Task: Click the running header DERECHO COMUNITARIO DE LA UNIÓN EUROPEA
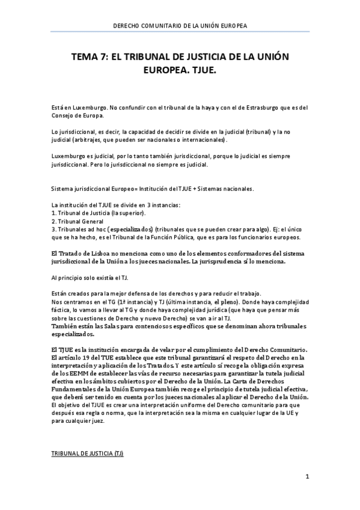pyautogui.click(x=180, y=26)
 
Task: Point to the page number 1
pyautogui.click(x=307, y=477)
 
